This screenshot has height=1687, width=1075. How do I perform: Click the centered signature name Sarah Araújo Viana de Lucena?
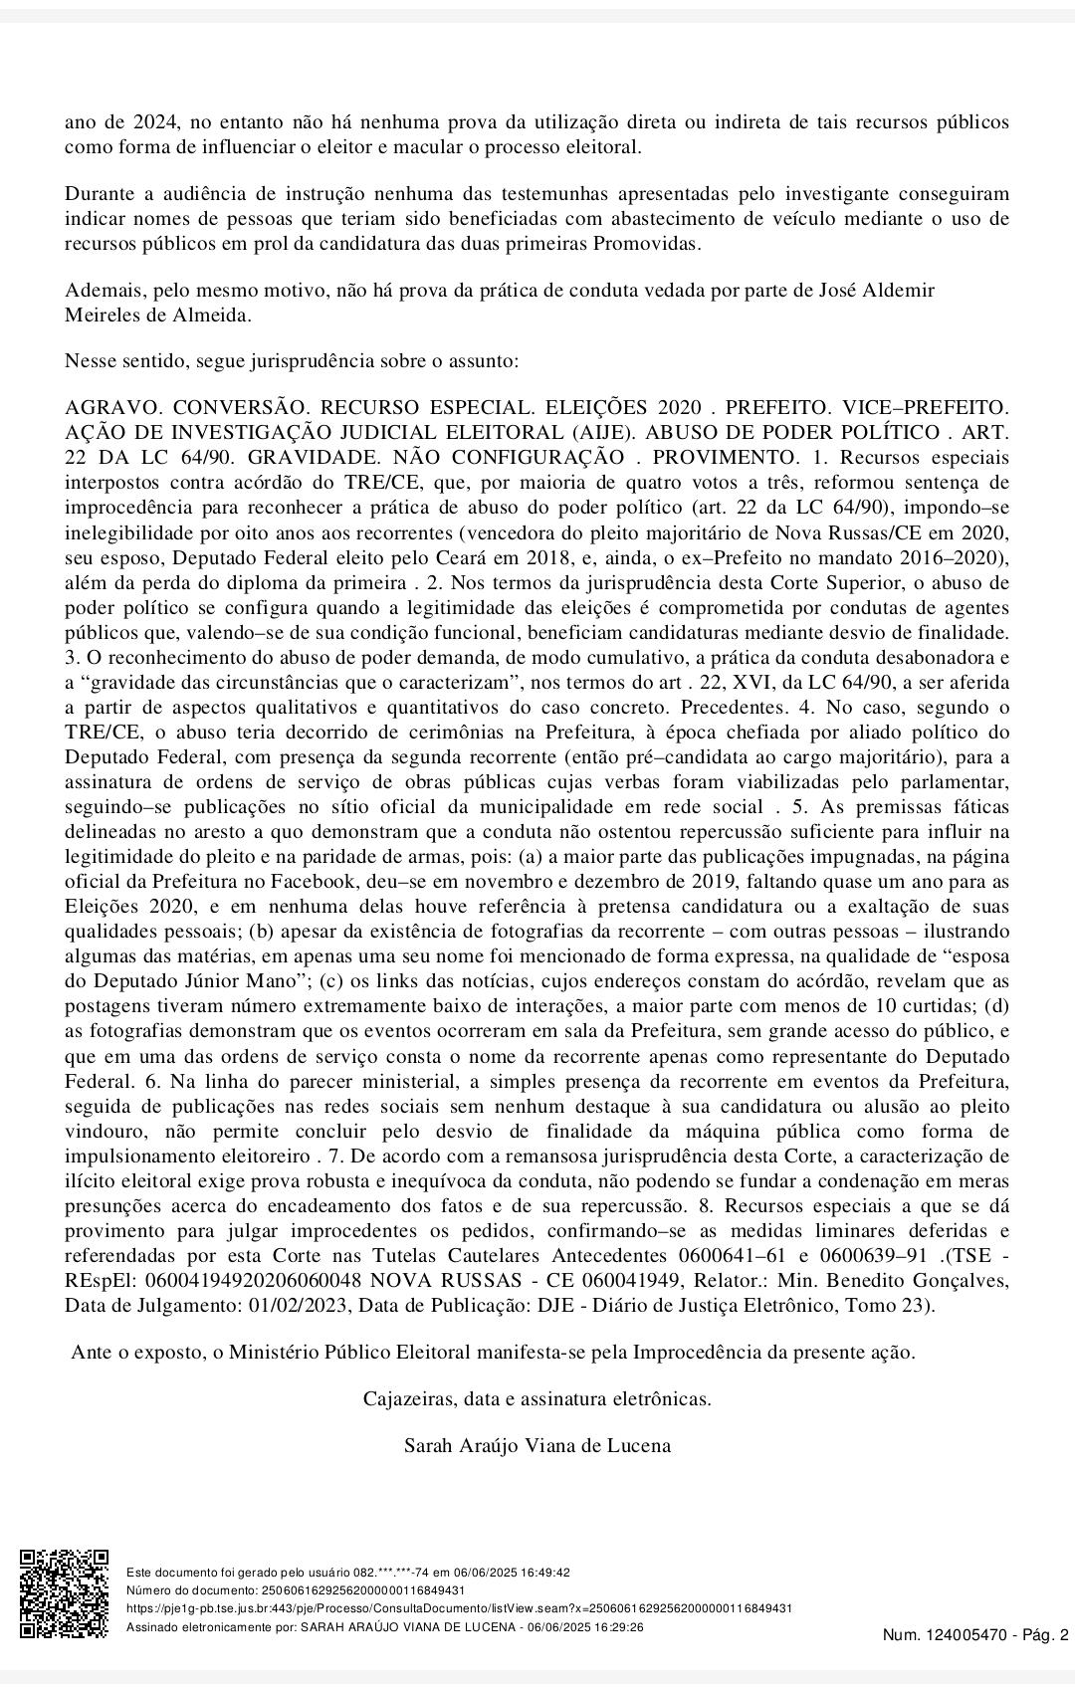[x=537, y=1445]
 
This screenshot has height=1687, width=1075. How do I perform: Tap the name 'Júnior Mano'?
[x=242, y=980]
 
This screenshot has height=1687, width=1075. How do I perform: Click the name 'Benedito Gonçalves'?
[x=928, y=1280]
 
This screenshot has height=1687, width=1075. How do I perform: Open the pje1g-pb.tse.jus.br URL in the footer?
[x=459, y=1608]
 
